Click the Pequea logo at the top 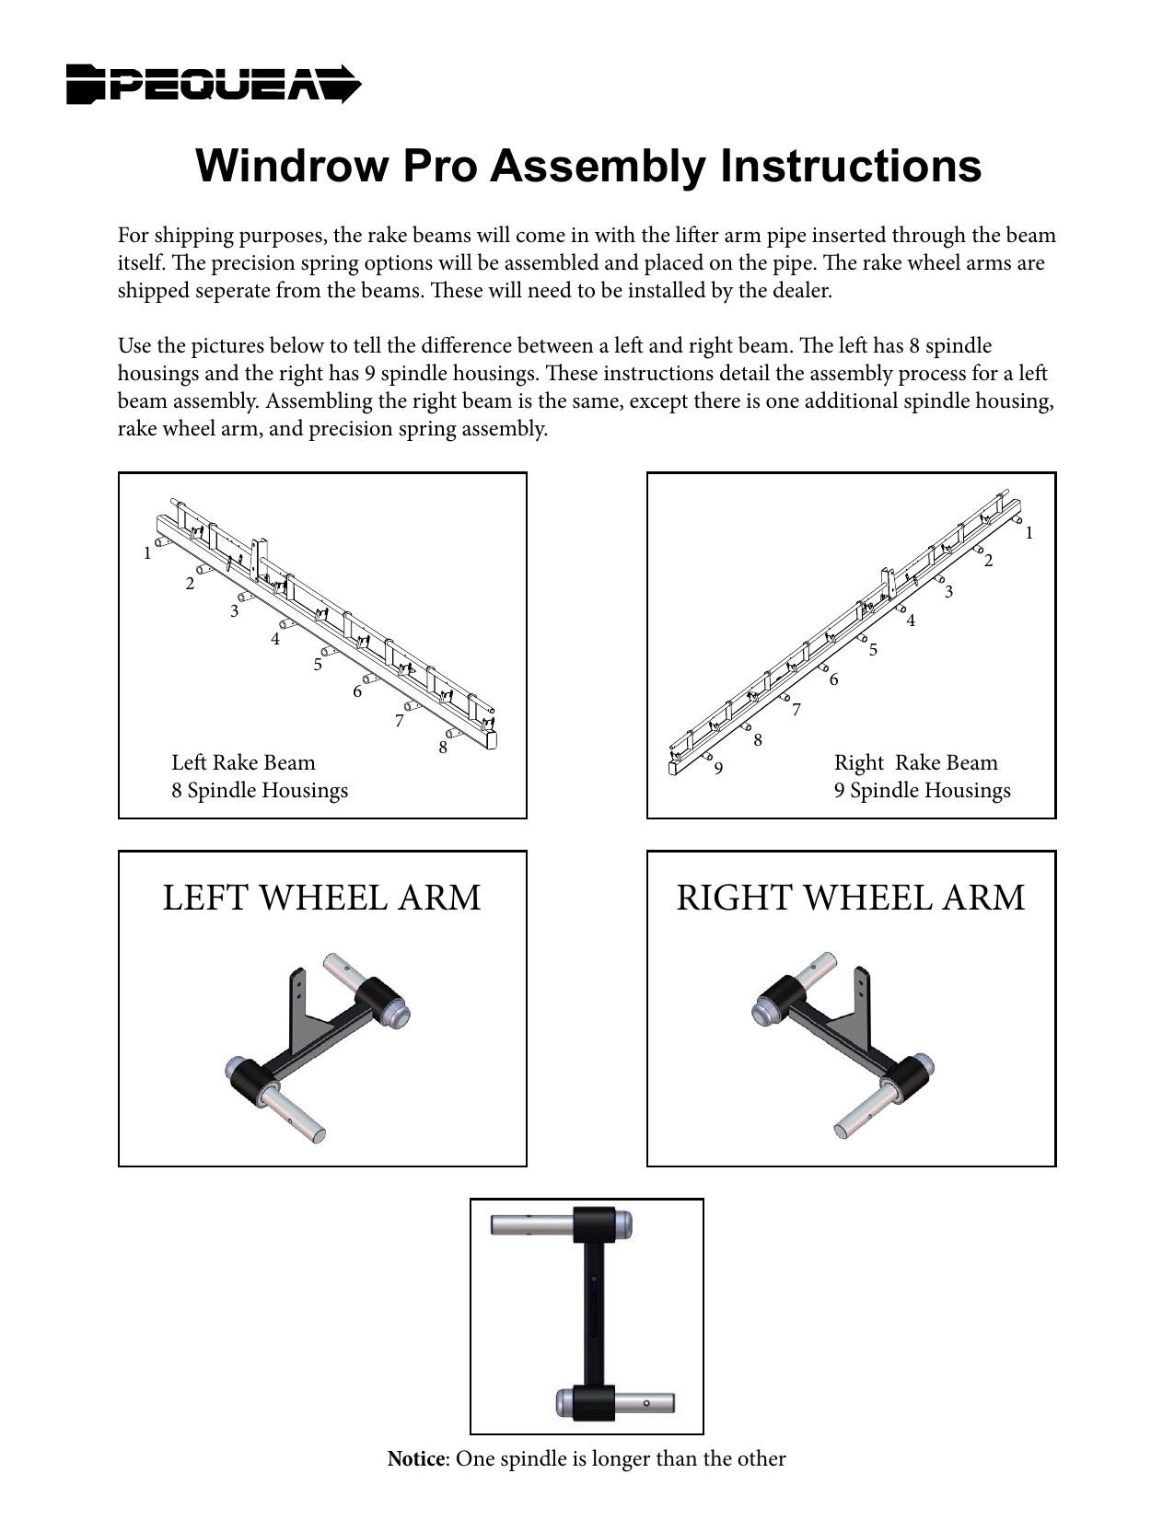214,84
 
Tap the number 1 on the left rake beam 146,553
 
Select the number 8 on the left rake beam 443,748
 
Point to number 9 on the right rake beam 718,768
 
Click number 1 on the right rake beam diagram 1029,533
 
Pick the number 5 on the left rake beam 318,664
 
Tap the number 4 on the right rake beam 911,621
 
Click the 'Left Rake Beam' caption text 243,762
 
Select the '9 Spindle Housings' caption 922,790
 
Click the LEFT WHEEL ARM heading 321,898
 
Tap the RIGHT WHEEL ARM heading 850,898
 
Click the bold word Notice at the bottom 415,1458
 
